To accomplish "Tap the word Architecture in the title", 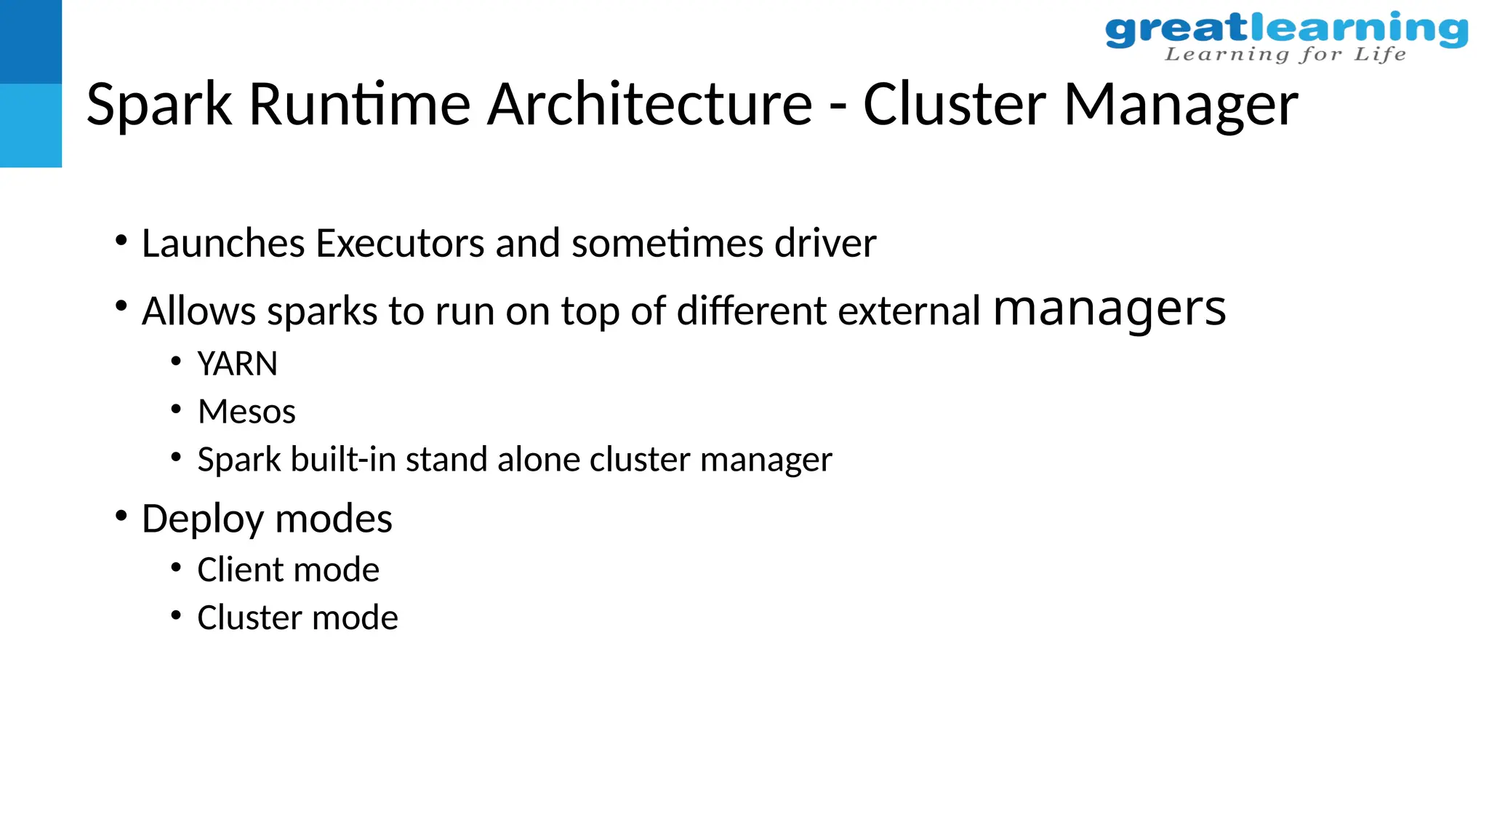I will (649, 104).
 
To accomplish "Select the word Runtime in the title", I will (360, 104).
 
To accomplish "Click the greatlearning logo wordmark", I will (1286, 30).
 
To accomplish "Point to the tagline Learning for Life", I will (1285, 55).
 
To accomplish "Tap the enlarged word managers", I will (1109, 308).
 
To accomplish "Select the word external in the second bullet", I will (909, 311).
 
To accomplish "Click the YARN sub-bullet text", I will (238, 364).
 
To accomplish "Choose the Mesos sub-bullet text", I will (246, 412).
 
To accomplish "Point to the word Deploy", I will (203, 520).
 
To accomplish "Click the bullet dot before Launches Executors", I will (121, 239).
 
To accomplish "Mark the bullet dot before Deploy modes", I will (121, 516).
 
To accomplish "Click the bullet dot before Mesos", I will (176, 409).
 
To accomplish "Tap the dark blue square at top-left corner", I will (31, 41).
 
